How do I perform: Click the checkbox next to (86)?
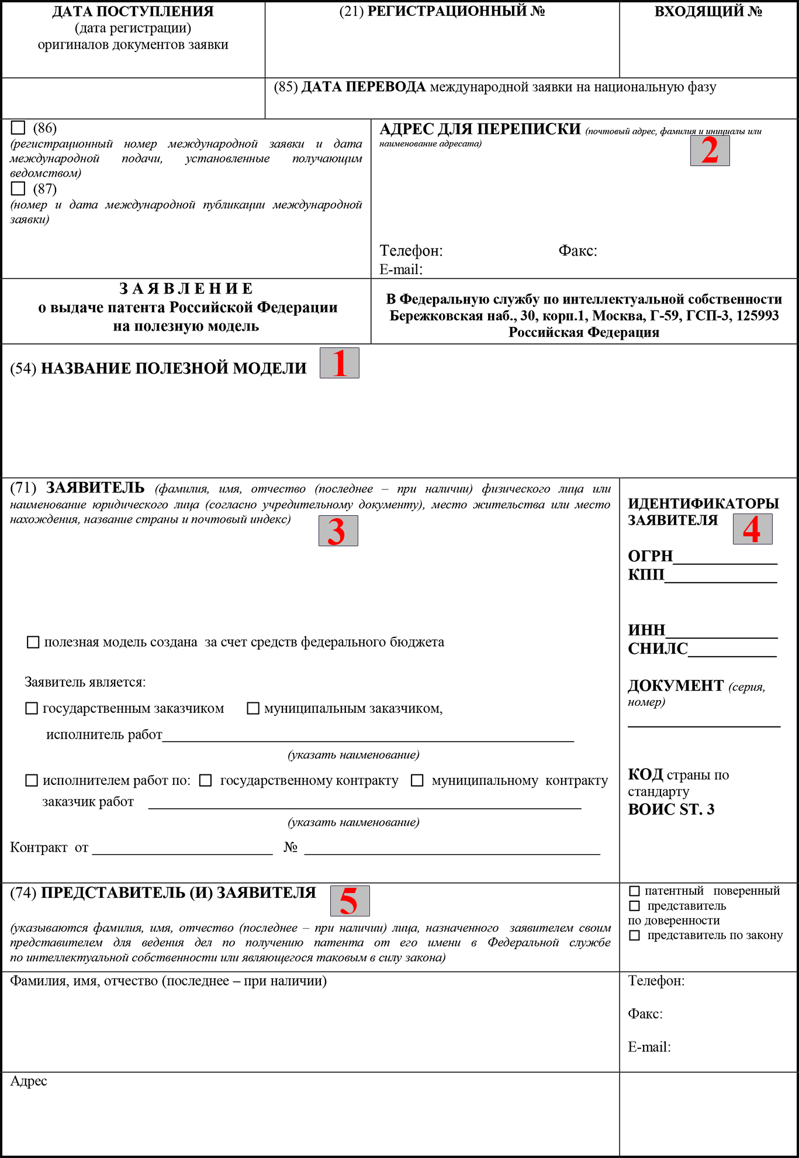tap(18, 127)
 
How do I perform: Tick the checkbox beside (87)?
tap(18, 188)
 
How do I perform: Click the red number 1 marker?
tap(340, 363)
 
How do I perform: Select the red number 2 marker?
tap(710, 150)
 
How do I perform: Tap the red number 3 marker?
tap(338, 531)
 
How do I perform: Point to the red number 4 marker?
tap(752, 529)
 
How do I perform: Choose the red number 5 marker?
tap(350, 901)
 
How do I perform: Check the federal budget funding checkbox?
tap(33, 642)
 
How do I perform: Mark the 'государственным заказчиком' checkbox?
tap(32, 709)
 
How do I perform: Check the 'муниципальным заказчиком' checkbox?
tap(253, 709)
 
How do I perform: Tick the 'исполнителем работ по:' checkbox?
tap(32, 781)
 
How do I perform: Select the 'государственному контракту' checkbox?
tap(206, 781)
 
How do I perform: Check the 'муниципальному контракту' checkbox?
tap(417, 781)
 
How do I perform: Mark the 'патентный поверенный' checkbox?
tap(634, 891)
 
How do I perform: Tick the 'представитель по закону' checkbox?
tap(634, 936)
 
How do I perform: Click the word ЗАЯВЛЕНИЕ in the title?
tap(186, 289)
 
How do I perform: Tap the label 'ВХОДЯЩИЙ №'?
tap(708, 12)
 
